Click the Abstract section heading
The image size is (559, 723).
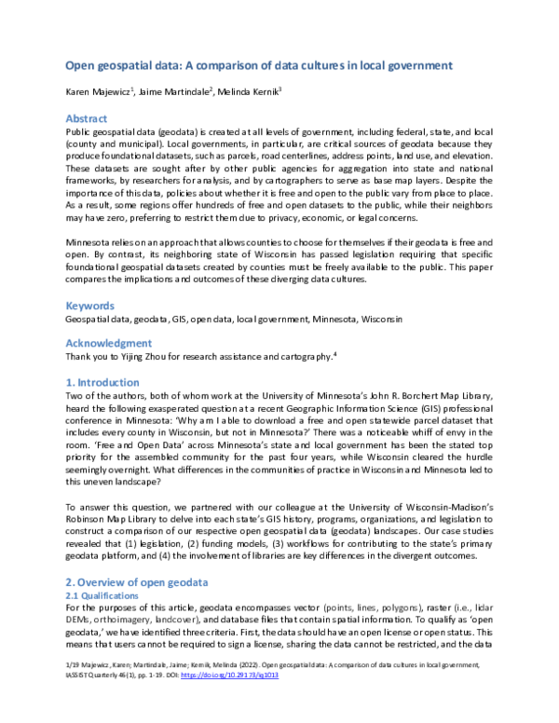point(87,119)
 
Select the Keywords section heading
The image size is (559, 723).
point(89,305)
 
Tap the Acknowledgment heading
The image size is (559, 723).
point(108,343)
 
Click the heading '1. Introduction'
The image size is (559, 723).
point(102,382)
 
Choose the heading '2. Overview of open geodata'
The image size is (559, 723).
point(136,581)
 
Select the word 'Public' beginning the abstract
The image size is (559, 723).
point(78,133)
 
